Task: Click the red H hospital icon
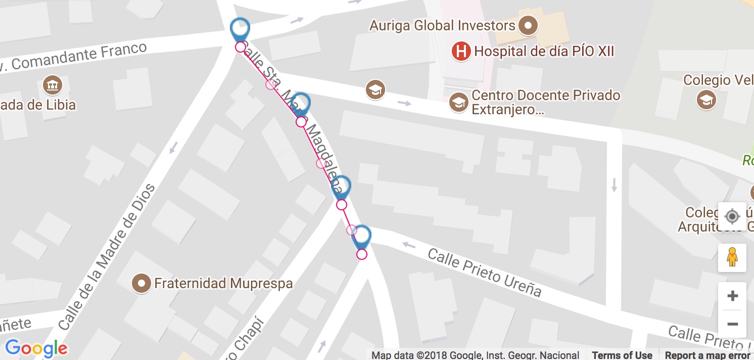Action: coord(460,51)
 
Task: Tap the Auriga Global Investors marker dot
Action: coord(529,25)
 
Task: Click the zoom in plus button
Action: coord(732,296)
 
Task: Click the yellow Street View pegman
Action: coord(732,257)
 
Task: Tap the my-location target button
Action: coord(732,217)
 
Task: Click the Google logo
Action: coord(36,348)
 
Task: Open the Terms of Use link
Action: coord(622,355)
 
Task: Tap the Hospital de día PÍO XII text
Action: coord(544,51)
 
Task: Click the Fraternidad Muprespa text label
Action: coord(223,283)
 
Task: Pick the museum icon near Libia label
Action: coord(52,85)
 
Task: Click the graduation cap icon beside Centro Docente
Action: coord(459,102)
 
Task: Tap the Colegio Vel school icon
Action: coord(706,100)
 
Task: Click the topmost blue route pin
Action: coord(240,29)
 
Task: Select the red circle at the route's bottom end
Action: coord(361,254)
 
